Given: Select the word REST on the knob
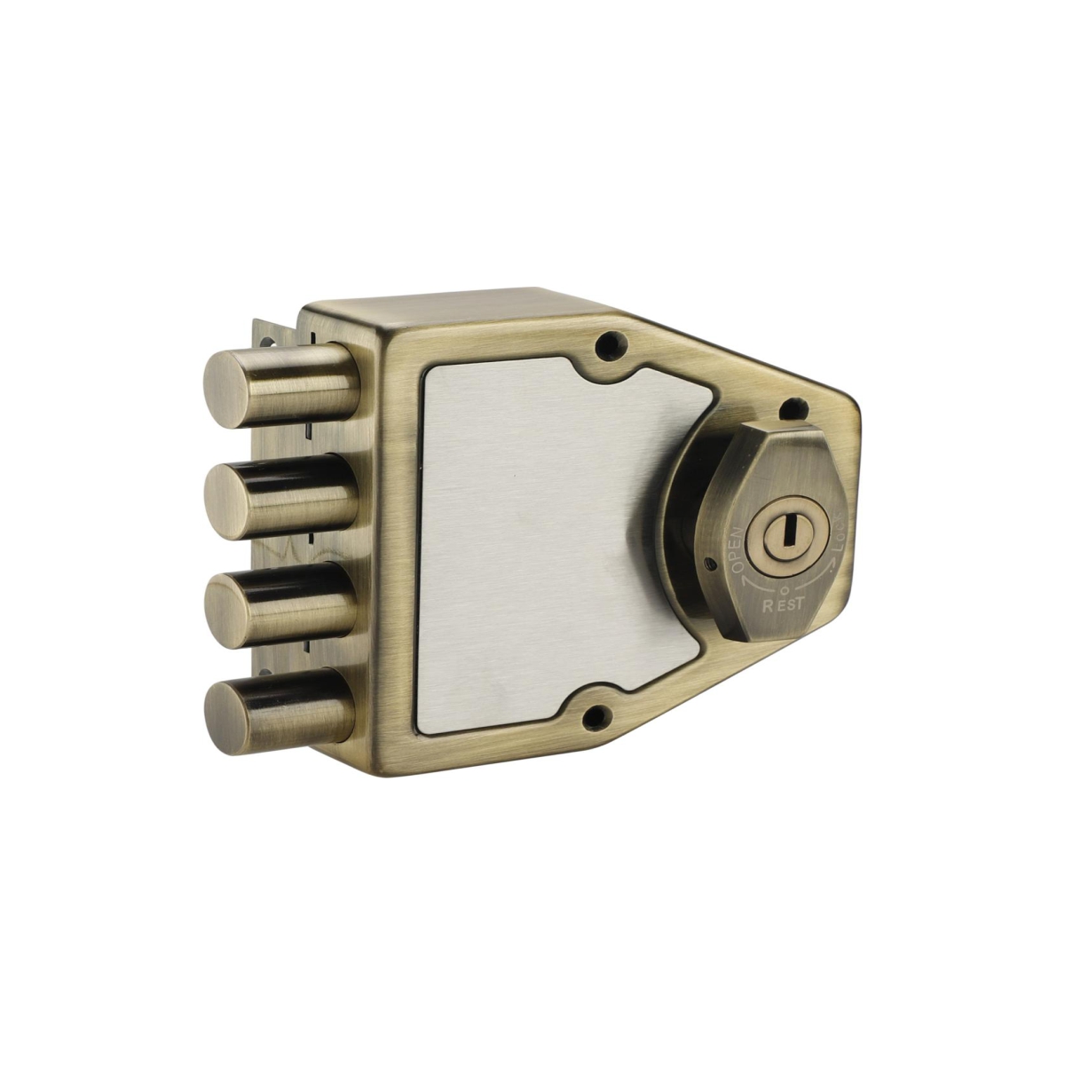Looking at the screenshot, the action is (783, 604).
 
